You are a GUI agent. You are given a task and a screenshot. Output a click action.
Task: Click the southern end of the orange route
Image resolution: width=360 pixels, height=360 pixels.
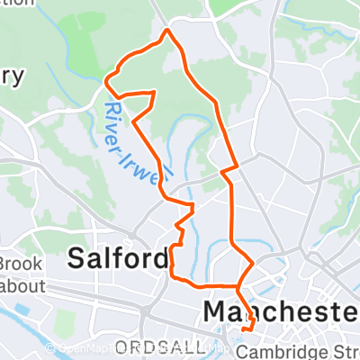coord(248,329)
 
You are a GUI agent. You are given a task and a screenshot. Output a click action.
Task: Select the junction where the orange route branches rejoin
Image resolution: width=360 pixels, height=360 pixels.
coord(238,286)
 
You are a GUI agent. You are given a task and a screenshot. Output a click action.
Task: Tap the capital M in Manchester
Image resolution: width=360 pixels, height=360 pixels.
coord(216,311)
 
